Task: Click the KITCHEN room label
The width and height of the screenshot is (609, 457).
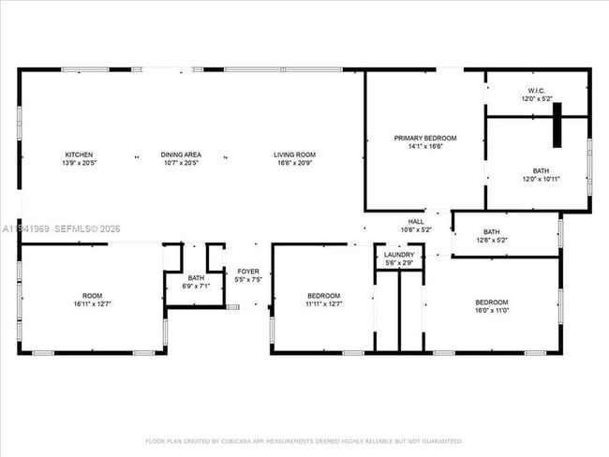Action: [79, 155]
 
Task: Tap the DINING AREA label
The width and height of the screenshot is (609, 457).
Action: [181, 155]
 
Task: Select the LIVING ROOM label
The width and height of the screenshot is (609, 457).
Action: [294, 155]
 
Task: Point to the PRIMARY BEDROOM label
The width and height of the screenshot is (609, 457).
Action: [424, 138]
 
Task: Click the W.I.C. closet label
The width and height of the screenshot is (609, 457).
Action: [538, 91]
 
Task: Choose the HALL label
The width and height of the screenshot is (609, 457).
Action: [415, 222]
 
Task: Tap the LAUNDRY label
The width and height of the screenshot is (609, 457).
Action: [399, 255]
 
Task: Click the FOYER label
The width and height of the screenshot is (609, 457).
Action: [248, 272]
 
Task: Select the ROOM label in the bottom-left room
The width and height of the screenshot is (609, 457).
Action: [91, 295]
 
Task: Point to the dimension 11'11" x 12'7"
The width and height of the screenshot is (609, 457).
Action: [323, 303]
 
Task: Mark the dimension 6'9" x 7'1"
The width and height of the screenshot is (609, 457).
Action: [196, 287]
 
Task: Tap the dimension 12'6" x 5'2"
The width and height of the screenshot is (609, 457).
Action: [491, 240]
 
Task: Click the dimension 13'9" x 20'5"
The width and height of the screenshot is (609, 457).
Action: [79, 163]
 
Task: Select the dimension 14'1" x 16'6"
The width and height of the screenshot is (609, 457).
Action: [424, 146]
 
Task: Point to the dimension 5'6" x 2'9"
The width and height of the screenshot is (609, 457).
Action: [399, 263]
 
